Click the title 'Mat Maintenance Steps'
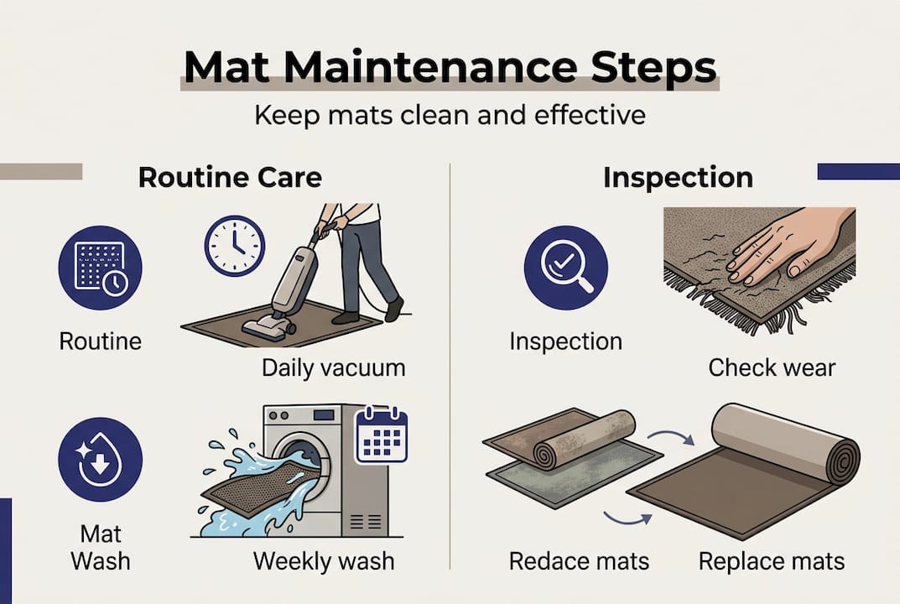(450, 65)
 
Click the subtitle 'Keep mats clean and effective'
(450, 114)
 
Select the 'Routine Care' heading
(230, 178)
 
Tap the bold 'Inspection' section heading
(678, 178)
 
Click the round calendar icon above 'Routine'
(100, 268)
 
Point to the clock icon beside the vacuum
(235, 246)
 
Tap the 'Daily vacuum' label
(333, 367)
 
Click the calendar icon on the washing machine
(381, 435)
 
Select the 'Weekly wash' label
(324, 560)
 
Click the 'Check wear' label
(772, 367)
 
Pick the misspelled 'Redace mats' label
(579, 560)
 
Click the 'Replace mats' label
(772, 560)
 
